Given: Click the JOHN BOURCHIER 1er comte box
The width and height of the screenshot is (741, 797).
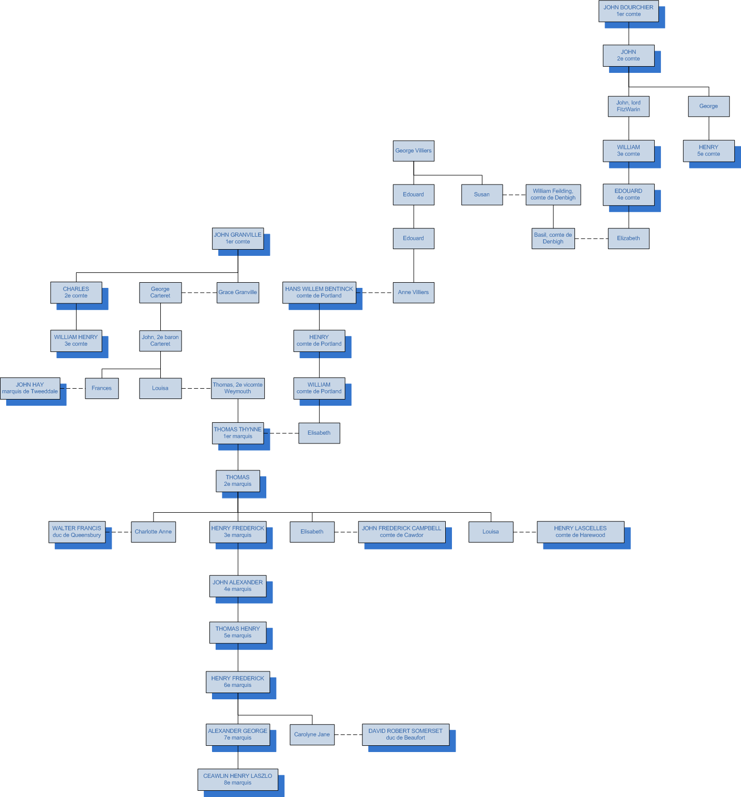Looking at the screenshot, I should (x=628, y=11).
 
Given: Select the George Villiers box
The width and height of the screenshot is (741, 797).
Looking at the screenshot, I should (x=413, y=151).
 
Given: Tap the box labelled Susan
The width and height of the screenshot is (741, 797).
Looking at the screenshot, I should (x=481, y=195).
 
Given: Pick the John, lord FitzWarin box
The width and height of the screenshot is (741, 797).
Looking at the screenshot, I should (x=628, y=106).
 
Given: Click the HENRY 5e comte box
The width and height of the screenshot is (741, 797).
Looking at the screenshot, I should (x=708, y=150).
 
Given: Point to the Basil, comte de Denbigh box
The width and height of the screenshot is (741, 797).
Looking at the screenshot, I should (x=553, y=238).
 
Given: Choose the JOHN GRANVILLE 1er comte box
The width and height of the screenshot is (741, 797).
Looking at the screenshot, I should (x=237, y=238).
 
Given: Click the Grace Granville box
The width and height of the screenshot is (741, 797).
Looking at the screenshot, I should (x=237, y=293).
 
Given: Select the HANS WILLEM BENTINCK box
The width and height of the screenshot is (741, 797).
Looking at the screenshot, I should (x=319, y=293).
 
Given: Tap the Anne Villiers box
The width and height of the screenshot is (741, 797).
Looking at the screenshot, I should (x=413, y=293).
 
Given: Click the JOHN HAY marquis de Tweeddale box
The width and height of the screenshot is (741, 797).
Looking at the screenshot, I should (x=30, y=388).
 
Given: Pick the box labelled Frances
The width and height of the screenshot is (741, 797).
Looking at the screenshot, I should (x=101, y=388).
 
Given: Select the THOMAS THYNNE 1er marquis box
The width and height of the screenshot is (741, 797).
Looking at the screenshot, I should (x=237, y=433).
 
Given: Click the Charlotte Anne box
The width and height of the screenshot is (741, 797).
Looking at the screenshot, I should (x=153, y=532).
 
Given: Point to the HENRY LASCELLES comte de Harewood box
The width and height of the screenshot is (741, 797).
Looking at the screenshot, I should (x=580, y=532).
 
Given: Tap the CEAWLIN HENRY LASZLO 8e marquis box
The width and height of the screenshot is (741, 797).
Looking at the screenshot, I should (x=237, y=779).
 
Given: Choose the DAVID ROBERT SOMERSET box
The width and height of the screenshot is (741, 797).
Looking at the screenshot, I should (x=405, y=734).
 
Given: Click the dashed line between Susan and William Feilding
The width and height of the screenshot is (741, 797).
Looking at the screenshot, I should (x=514, y=195).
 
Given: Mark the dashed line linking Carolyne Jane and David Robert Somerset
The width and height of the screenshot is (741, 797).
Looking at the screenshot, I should (x=348, y=734).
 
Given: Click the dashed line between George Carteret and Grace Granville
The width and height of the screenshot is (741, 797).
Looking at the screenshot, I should (x=199, y=293).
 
